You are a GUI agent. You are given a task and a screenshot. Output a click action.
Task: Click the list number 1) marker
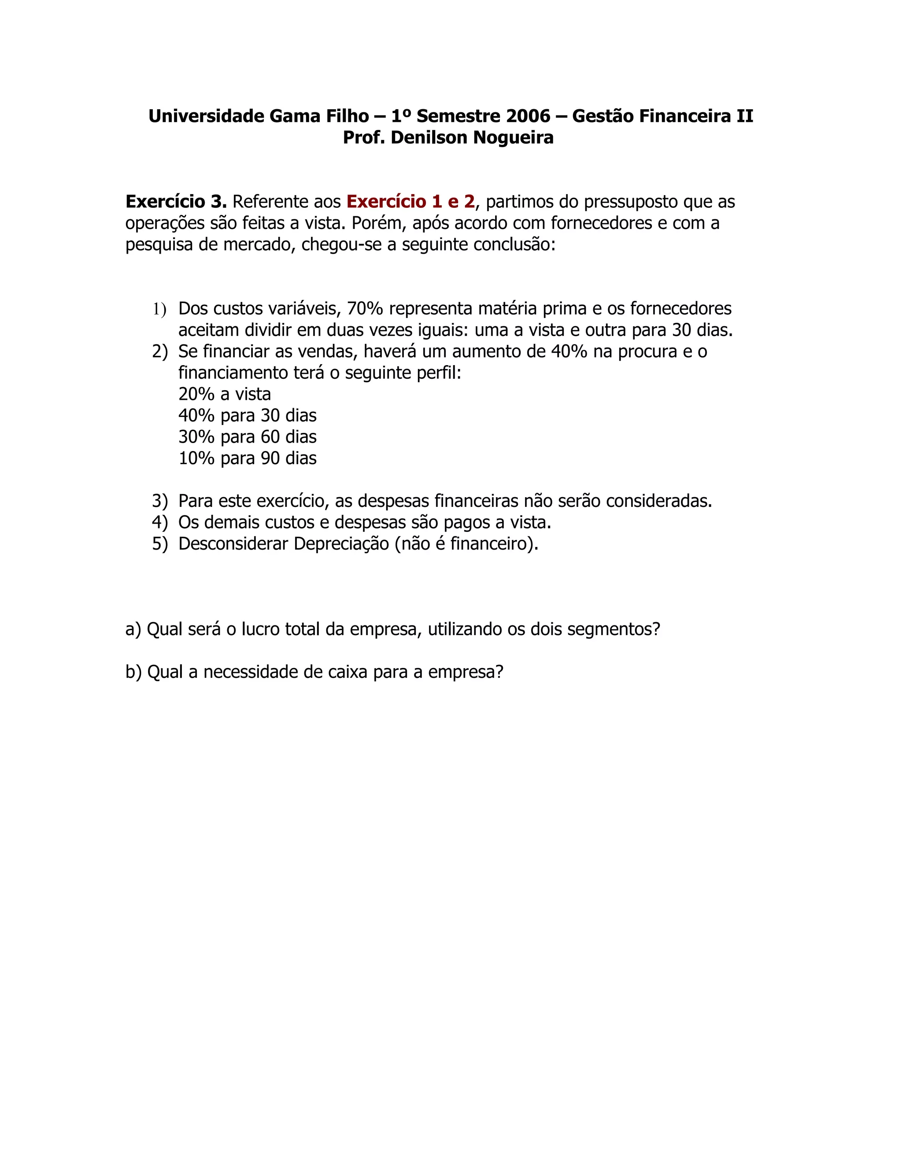pyautogui.click(x=159, y=309)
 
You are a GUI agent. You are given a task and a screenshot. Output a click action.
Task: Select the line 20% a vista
pyautogui.click(x=225, y=394)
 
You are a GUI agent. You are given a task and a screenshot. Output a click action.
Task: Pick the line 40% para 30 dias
pyautogui.click(x=248, y=416)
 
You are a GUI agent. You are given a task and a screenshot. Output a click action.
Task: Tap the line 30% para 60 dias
pyautogui.click(x=248, y=437)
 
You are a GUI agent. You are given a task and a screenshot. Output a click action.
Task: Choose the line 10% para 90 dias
pyautogui.click(x=248, y=458)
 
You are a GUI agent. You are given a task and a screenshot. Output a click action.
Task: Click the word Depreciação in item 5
pyautogui.click(x=341, y=544)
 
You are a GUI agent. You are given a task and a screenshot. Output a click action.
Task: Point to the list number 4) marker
pyautogui.click(x=160, y=523)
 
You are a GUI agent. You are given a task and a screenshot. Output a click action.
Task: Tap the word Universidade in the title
pyautogui.click(x=206, y=116)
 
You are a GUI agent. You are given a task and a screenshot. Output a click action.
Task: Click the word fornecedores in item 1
pyautogui.click(x=681, y=309)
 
